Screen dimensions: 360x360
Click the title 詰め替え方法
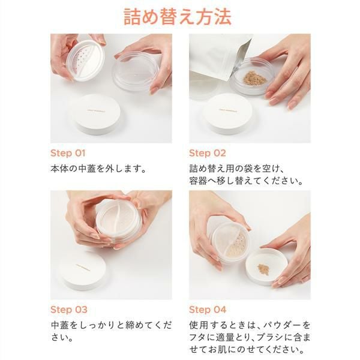click(177, 17)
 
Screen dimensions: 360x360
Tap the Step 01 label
click(68, 153)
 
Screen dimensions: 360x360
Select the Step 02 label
click(208, 153)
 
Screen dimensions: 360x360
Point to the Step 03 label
click(69, 310)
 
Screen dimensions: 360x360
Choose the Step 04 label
click(208, 310)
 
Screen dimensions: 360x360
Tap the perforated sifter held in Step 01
click(85, 60)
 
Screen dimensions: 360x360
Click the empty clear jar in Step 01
click(136, 71)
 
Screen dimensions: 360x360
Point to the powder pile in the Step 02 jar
click(255, 78)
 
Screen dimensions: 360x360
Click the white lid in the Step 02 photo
click(228, 113)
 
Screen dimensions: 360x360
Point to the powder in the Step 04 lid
click(263, 269)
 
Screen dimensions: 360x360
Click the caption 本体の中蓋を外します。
click(98, 169)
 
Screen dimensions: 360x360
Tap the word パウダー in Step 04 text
click(282, 325)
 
